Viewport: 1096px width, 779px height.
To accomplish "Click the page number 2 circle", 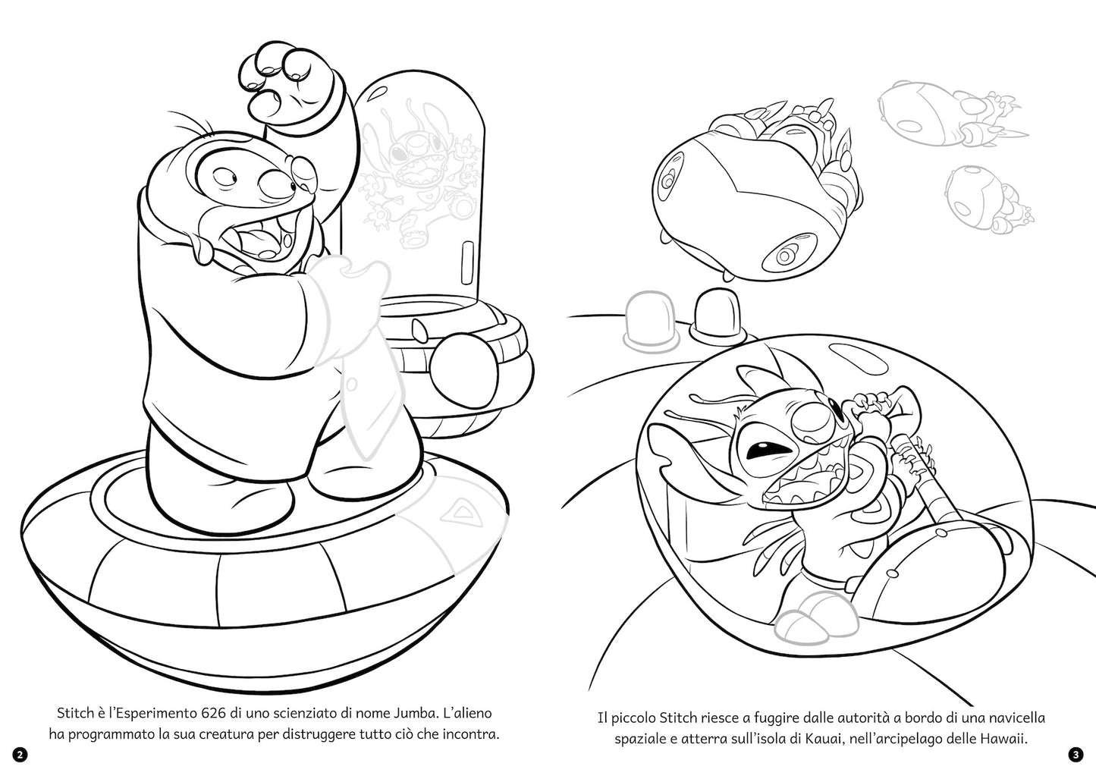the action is pos(20,755).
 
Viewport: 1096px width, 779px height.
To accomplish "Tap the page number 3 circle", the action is pos(1076,755).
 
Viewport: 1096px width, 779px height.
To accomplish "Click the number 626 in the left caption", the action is pos(213,714).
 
